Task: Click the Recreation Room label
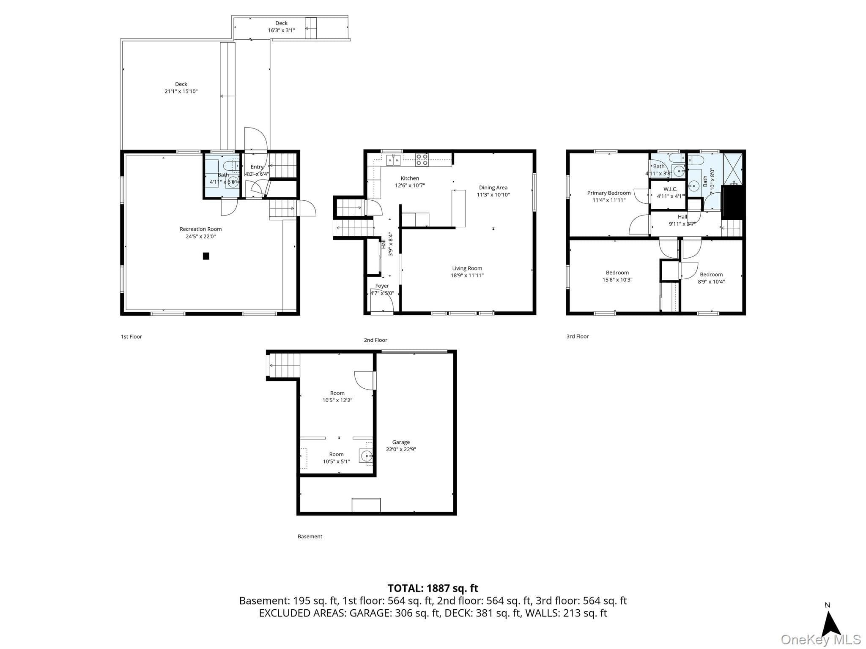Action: pos(200,229)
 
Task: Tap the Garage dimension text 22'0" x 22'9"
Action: pos(401,450)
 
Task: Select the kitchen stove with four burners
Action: pos(422,159)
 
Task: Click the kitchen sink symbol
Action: pos(393,161)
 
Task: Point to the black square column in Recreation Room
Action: pos(206,256)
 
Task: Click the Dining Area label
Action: pos(493,188)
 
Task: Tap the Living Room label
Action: pos(467,268)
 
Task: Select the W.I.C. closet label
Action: pos(670,189)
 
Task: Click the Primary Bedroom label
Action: pos(609,193)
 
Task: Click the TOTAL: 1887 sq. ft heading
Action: pos(433,588)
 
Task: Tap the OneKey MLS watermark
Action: pos(821,640)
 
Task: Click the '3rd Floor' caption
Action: pos(578,336)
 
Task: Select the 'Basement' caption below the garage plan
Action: pos(310,537)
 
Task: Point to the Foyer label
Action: pos(382,286)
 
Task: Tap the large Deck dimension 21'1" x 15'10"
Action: pos(181,91)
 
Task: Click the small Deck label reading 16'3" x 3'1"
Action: pos(281,30)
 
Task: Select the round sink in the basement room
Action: pos(367,455)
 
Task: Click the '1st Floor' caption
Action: pos(132,337)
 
